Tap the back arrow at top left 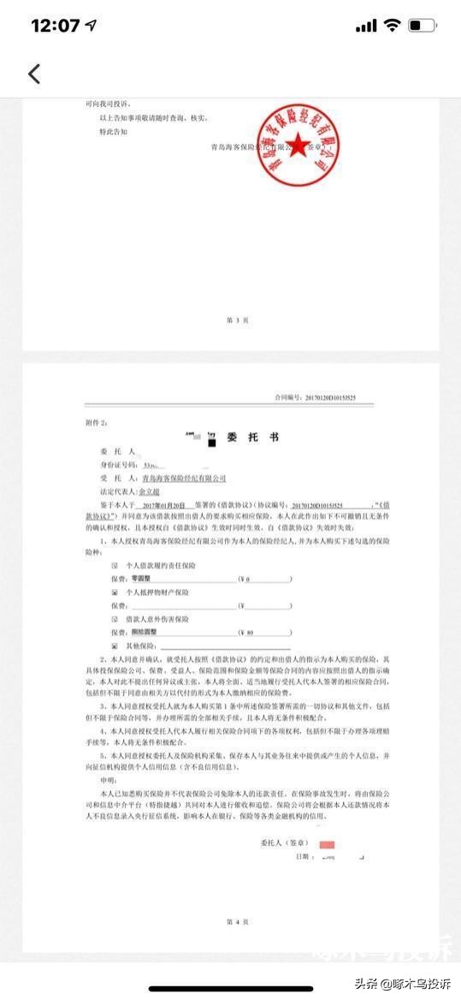34,74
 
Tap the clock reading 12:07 55,26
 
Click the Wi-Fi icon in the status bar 393,26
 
